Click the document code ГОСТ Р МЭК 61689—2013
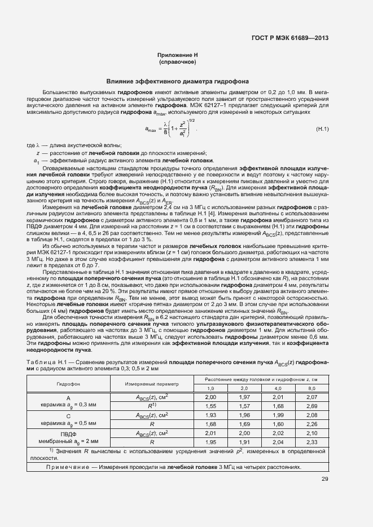(290, 38)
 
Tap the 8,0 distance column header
(312, 388)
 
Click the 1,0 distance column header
(210, 388)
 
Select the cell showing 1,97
(244, 397)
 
